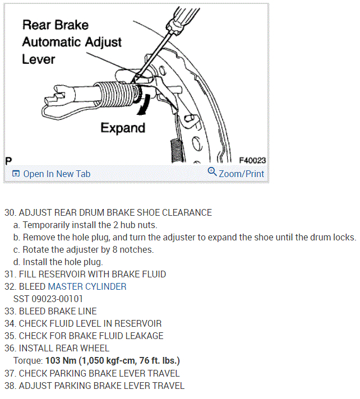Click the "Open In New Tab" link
[56, 174]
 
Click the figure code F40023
[252, 160]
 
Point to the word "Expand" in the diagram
[123, 128]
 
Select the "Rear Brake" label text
[55, 25]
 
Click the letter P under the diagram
[8, 160]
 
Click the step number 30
[10, 212]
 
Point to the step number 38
[10, 385]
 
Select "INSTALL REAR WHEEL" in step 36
[64, 348]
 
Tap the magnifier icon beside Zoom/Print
[212, 171]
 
